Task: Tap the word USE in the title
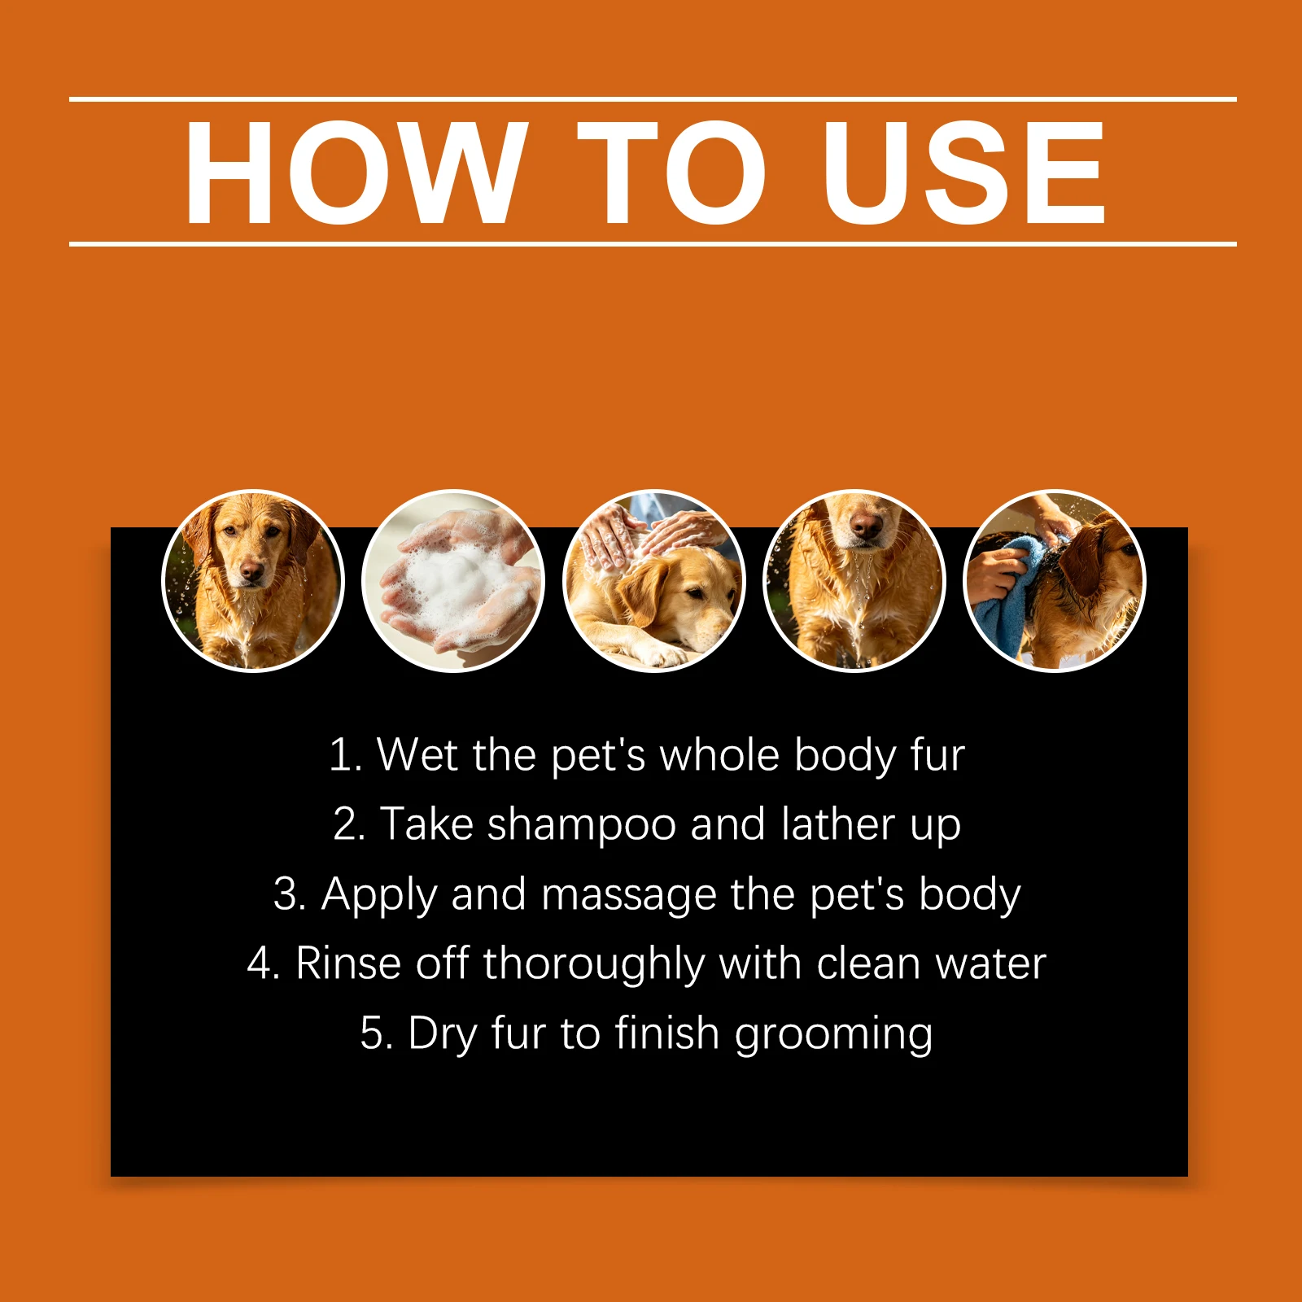(964, 173)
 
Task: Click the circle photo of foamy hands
(453, 581)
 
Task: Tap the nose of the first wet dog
(251, 574)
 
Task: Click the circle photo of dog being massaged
(653, 581)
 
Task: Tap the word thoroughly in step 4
(594, 965)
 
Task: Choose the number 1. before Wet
(346, 755)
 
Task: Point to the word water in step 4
(990, 965)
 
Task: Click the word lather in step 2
(837, 824)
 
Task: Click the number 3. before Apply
(291, 894)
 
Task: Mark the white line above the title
(653, 99)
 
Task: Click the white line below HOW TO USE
(653, 243)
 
